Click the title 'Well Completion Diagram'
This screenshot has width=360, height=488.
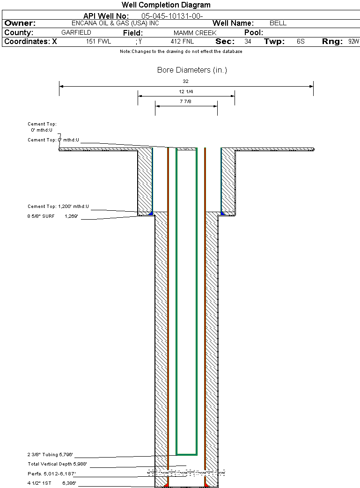166,5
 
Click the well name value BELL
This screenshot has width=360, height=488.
278,23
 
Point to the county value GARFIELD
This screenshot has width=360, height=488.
76,33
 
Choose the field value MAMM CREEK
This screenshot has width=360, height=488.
195,33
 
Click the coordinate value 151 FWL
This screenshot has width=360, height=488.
98,42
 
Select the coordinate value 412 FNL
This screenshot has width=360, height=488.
182,42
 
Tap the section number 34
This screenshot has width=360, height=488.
248,42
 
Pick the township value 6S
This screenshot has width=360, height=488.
301,42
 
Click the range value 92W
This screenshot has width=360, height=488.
353,42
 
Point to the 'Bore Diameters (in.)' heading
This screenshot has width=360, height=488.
192,70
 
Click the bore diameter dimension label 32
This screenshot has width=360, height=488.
185,81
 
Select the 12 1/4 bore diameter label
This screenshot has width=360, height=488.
186,91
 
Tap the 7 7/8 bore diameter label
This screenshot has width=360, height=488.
186,101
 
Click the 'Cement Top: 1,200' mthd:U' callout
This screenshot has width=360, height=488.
58,206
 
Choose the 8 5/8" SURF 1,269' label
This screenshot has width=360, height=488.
52,216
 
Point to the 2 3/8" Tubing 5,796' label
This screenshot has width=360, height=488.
51,454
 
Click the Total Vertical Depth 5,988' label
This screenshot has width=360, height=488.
57,464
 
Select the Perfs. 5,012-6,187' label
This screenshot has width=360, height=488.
51,474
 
